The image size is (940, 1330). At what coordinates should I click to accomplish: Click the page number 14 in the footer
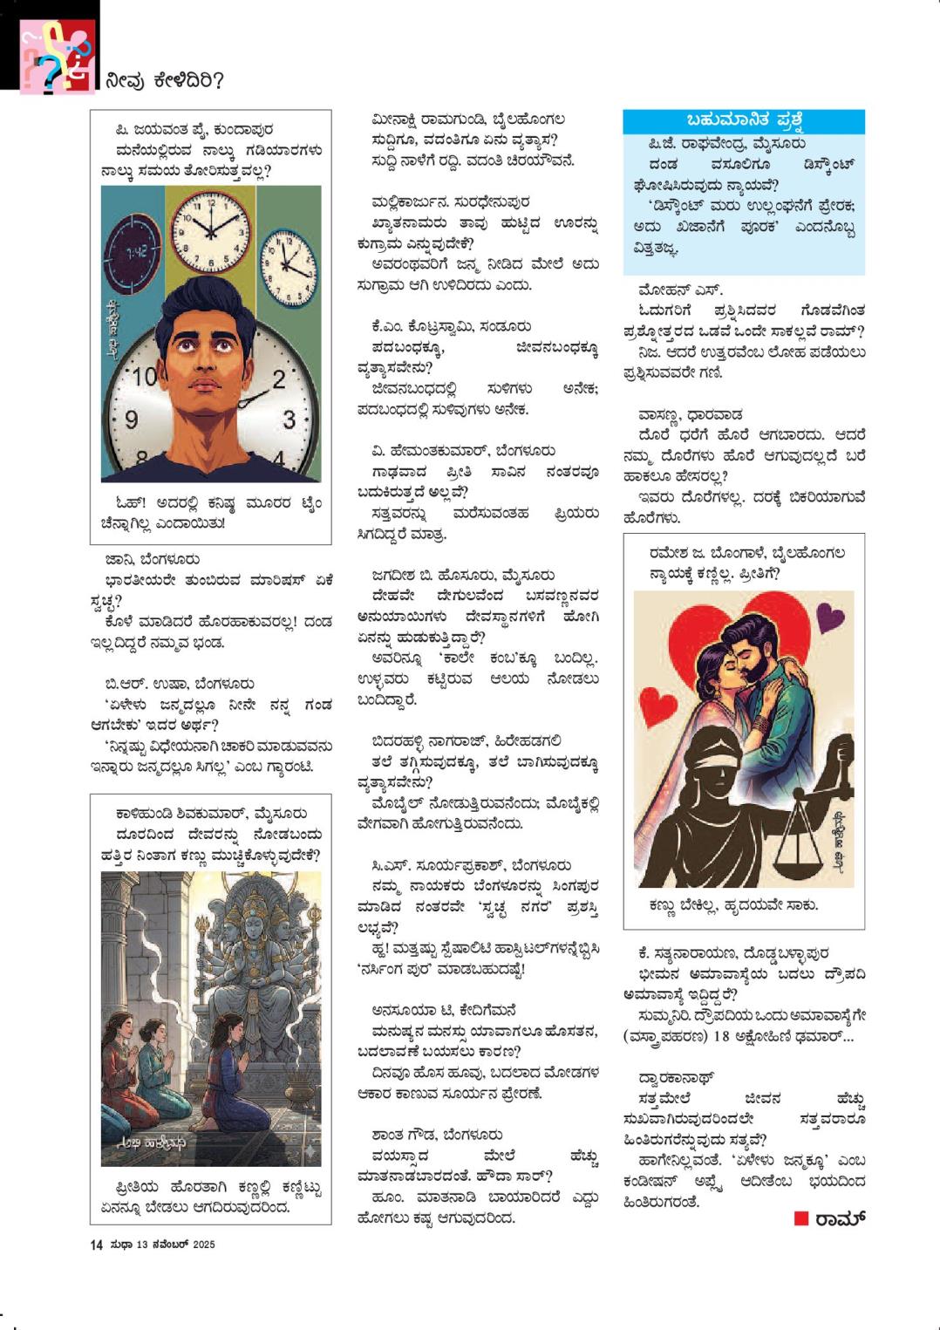coord(96,1245)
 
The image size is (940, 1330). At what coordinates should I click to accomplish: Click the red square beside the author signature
coord(800,1218)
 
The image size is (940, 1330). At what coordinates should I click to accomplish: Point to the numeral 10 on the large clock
coord(147,378)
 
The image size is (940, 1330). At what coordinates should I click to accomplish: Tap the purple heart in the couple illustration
coord(835,617)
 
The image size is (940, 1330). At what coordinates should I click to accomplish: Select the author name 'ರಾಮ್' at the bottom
coord(838,1218)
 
